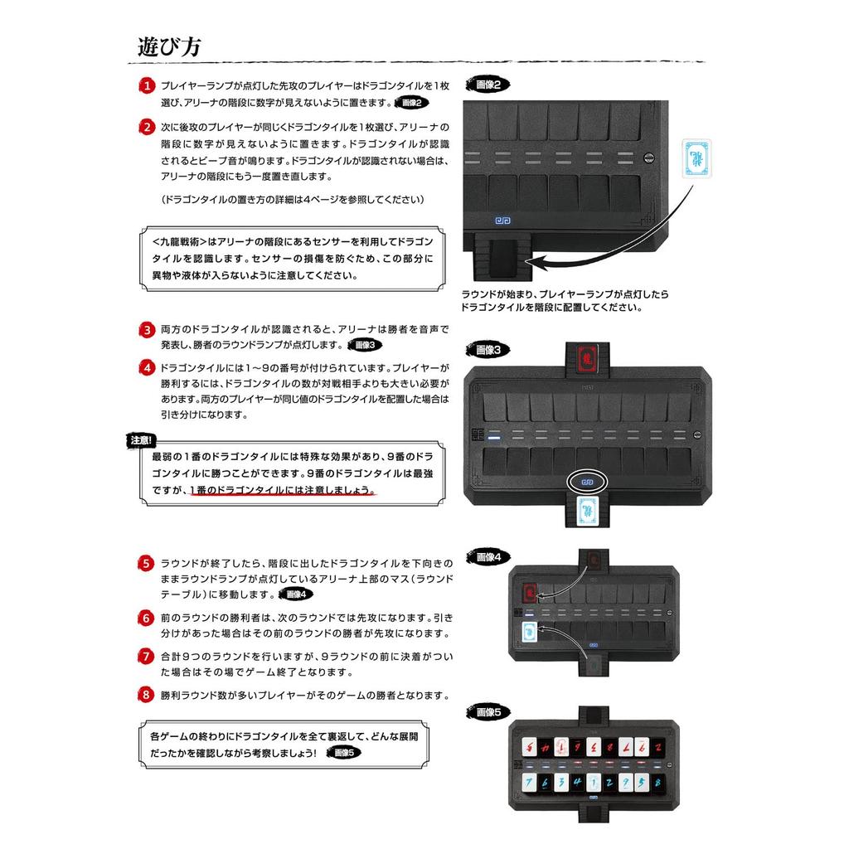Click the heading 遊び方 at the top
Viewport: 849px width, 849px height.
point(168,46)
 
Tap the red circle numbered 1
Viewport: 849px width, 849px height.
point(146,86)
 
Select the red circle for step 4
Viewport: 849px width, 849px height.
point(146,367)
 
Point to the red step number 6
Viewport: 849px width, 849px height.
point(146,619)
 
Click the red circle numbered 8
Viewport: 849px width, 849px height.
point(146,695)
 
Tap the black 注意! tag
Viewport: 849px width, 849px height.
point(142,441)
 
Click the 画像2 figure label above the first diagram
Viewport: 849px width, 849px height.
point(488,85)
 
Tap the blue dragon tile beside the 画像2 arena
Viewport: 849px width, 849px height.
point(697,158)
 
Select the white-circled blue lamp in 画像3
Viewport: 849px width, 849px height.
point(587,481)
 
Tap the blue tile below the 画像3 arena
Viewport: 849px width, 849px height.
point(587,512)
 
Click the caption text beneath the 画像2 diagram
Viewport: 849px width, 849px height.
point(565,301)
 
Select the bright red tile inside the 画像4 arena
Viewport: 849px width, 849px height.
point(530,594)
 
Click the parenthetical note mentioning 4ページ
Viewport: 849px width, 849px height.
point(292,200)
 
